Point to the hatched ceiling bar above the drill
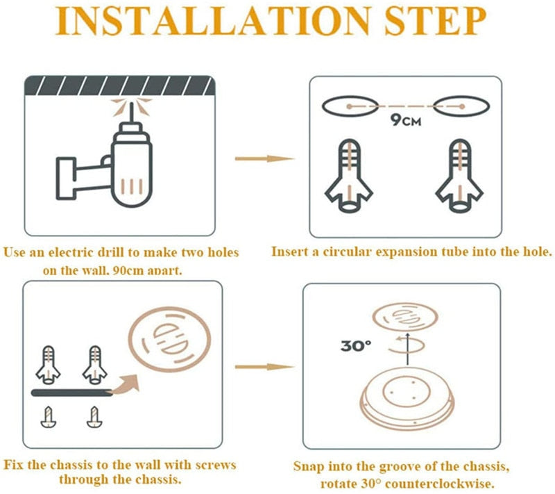coord(121,88)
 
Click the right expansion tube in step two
coord(456,174)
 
